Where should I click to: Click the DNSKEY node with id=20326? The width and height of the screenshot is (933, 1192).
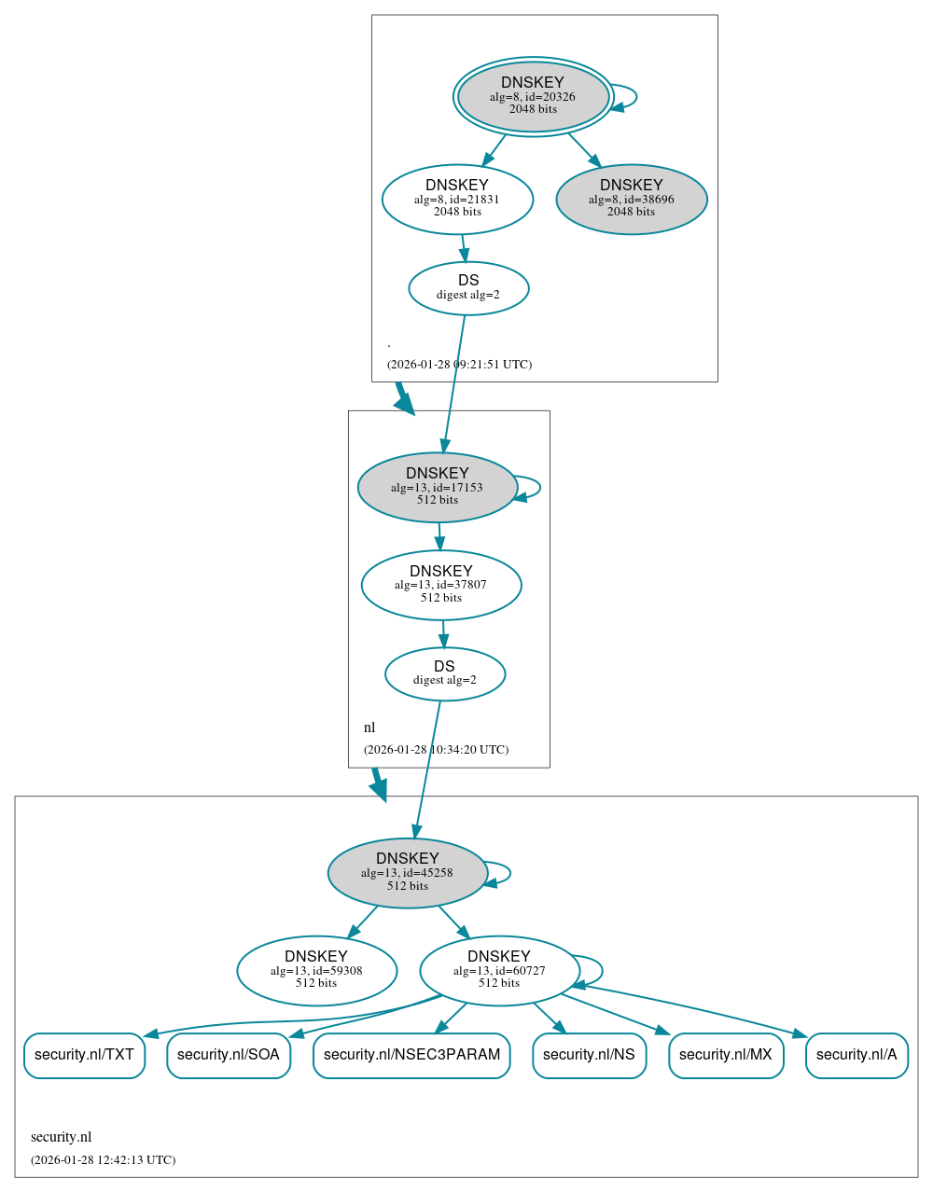pyautogui.click(x=533, y=96)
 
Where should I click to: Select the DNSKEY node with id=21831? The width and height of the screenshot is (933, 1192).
pyautogui.click(x=457, y=199)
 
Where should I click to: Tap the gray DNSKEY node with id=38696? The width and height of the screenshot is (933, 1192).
pyautogui.click(x=632, y=199)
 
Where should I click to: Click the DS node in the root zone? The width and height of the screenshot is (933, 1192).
pyautogui.click(x=468, y=288)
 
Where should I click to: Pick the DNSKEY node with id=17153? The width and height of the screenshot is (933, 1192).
pyautogui.click(x=437, y=487)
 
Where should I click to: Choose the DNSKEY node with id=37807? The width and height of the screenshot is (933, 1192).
pyautogui.click(x=441, y=585)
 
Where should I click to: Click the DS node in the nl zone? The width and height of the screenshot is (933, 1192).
pyautogui.click(x=445, y=673)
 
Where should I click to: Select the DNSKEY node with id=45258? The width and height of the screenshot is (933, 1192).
pyautogui.click(x=408, y=872)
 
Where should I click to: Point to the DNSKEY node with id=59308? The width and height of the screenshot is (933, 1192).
pyautogui.click(x=316, y=970)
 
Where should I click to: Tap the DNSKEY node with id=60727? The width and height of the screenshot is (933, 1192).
pyautogui.click(x=499, y=970)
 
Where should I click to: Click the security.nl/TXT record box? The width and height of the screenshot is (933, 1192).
pyautogui.click(x=84, y=1055)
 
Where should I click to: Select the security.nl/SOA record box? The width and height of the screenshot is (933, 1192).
pyautogui.click(x=229, y=1055)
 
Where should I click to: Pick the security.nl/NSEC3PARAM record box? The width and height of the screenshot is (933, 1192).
pyautogui.click(x=411, y=1055)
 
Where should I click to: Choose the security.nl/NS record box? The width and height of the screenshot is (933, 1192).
pyautogui.click(x=589, y=1055)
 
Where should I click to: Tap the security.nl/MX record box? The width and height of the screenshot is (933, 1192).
pyautogui.click(x=726, y=1055)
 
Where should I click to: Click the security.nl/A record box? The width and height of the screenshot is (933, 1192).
pyautogui.click(x=856, y=1055)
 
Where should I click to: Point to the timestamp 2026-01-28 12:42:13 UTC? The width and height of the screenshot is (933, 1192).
pyautogui.click(x=103, y=1160)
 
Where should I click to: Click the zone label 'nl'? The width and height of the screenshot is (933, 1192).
pyautogui.click(x=369, y=728)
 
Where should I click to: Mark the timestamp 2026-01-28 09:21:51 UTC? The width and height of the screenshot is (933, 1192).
pyautogui.click(x=459, y=365)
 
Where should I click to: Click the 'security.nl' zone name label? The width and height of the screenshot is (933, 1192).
pyautogui.click(x=61, y=1137)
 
